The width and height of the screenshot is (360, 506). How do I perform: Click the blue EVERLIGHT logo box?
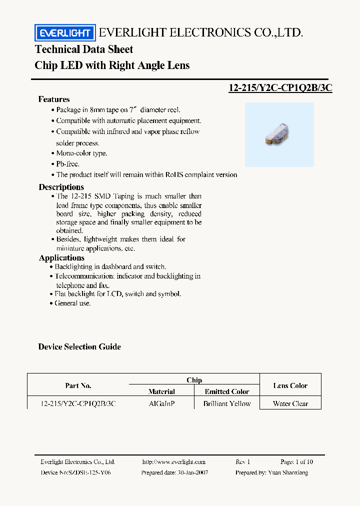coord(64,33)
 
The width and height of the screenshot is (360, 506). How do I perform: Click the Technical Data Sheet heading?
coord(84,49)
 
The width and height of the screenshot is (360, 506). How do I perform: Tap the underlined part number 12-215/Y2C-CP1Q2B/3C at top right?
coord(280,87)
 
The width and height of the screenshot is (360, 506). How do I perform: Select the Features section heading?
coord(54,99)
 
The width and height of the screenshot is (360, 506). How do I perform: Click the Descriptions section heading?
coord(61,187)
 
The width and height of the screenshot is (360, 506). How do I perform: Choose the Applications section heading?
coord(61,257)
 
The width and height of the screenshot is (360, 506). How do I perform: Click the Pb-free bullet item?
coord(67,164)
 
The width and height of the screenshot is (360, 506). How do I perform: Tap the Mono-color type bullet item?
coord(81,153)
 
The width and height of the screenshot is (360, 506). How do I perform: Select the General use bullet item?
coord(72,303)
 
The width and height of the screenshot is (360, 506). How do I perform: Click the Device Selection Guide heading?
coord(79,346)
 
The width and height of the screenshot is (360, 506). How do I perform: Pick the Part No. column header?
coord(78,385)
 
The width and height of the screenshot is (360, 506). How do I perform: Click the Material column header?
coord(161,391)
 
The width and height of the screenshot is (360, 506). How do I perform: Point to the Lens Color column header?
coord(290,385)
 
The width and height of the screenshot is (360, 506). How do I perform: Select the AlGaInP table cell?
coord(161,403)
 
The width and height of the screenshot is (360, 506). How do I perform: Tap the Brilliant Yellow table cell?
coord(227,403)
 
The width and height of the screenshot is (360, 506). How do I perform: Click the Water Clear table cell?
coord(290,403)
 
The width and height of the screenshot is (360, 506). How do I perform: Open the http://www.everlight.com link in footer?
coord(173,462)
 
